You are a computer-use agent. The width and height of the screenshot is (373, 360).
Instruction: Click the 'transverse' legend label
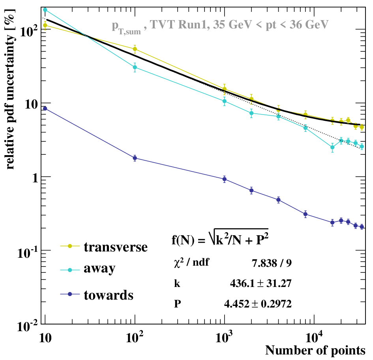[x=116, y=247]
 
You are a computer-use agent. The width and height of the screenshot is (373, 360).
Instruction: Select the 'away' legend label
[x=99, y=269]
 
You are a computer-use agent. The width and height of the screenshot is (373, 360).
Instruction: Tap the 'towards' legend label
[x=109, y=295]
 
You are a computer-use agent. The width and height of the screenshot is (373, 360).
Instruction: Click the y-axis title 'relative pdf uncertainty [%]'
[x=10, y=89]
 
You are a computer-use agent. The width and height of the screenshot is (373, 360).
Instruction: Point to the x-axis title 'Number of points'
[x=315, y=350]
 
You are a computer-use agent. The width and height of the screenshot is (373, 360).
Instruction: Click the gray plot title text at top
[x=220, y=26]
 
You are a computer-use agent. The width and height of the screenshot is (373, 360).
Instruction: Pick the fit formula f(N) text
[x=220, y=238]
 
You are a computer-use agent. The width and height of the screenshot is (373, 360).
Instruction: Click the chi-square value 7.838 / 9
[x=272, y=263]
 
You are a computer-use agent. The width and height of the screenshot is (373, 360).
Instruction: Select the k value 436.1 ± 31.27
[x=261, y=283]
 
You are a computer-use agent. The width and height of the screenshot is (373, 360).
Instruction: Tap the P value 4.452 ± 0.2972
[x=258, y=304]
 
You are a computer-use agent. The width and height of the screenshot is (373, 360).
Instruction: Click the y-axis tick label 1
[x=35, y=178]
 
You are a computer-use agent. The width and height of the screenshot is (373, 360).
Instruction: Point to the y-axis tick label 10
[x=31, y=104]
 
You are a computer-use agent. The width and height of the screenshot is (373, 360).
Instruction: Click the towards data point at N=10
[x=45, y=109]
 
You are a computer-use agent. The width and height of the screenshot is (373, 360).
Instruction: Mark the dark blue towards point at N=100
[x=135, y=158]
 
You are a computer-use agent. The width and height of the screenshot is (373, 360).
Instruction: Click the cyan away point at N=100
[x=135, y=67]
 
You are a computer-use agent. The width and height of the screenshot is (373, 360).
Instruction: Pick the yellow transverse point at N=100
[x=135, y=49]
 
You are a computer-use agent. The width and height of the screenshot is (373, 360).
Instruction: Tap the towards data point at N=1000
[x=224, y=179]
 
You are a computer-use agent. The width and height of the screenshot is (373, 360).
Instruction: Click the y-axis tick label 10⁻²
[x=28, y=326]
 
